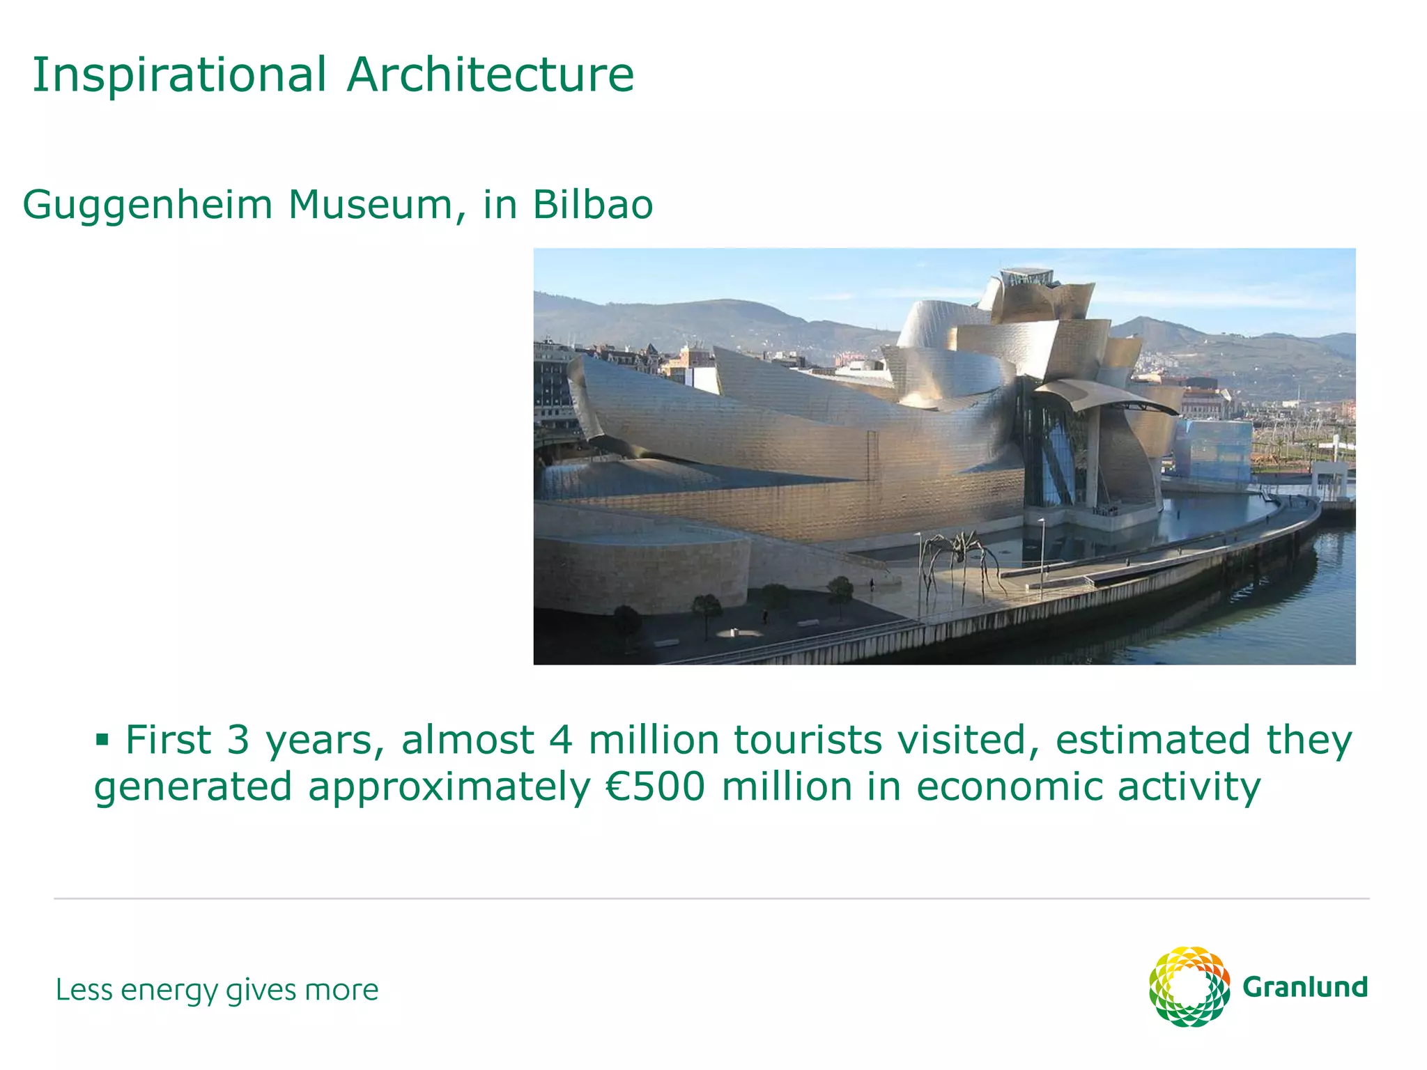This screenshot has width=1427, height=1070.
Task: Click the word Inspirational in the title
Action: tap(179, 75)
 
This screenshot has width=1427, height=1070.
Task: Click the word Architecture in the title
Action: tap(491, 75)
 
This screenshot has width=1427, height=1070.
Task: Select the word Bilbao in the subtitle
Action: tap(593, 205)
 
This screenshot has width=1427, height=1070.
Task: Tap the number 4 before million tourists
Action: tap(561, 740)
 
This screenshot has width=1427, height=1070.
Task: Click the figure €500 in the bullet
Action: tap(655, 787)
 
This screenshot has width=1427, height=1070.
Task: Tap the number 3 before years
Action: tap(238, 740)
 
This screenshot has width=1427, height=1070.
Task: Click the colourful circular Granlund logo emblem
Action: tap(1189, 986)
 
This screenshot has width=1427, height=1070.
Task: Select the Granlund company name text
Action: tap(1304, 988)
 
